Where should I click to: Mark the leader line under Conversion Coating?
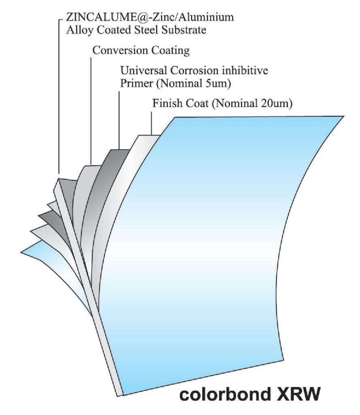pos(90,109)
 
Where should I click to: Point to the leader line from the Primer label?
pos(119,120)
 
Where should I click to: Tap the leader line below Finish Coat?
pos(151,122)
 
